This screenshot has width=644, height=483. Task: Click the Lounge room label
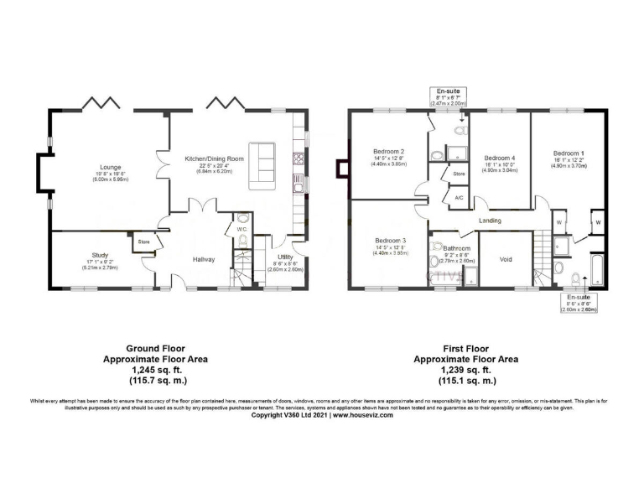(109, 167)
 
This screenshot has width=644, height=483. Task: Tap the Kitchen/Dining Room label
(215, 158)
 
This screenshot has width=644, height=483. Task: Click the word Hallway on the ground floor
(204, 259)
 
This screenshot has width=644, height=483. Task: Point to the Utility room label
(287, 257)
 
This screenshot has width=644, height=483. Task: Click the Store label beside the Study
(143, 242)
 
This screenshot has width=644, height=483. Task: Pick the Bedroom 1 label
(569, 153)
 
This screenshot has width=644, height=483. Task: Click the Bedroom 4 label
(500, 158)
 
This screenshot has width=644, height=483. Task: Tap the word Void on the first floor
(506, 259)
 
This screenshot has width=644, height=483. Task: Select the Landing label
(490, 221)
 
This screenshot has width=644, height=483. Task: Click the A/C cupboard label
(458, 198)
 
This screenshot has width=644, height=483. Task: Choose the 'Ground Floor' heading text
(155, 347)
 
